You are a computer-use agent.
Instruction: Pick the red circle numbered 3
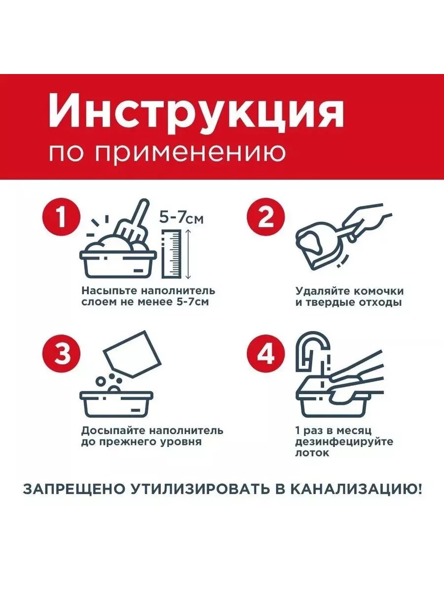click(x=62, y=354)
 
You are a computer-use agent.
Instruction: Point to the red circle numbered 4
click(x=266, y=354)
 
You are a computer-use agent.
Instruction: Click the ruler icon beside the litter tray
click(x=172, y=254)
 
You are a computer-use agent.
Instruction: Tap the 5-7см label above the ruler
click(x=181, y=218)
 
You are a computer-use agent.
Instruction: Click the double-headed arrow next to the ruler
click(x=188, y=254)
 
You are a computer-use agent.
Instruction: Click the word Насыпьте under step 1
click(x=110, y=292)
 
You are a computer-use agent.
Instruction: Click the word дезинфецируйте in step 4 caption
click(x=344, y=442)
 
